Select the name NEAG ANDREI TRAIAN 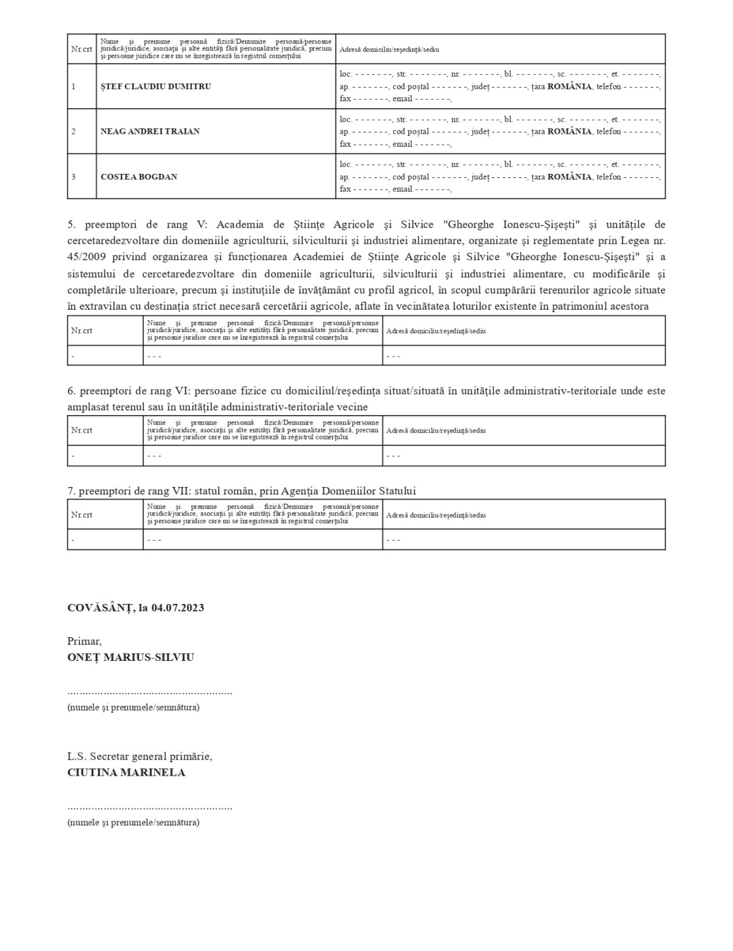coord(149,131)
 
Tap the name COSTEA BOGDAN coord(139,177)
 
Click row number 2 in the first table coord(73,131)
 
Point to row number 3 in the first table coord(73,177)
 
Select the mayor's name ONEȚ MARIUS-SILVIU coord(130,657)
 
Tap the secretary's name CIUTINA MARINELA coord(126,772)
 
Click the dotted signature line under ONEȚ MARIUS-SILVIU coord(149,692)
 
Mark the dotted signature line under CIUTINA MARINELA coord(149,808)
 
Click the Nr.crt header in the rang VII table coord(82,514)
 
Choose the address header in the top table coord(389,50)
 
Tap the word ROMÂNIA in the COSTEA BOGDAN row coord(569,177)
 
